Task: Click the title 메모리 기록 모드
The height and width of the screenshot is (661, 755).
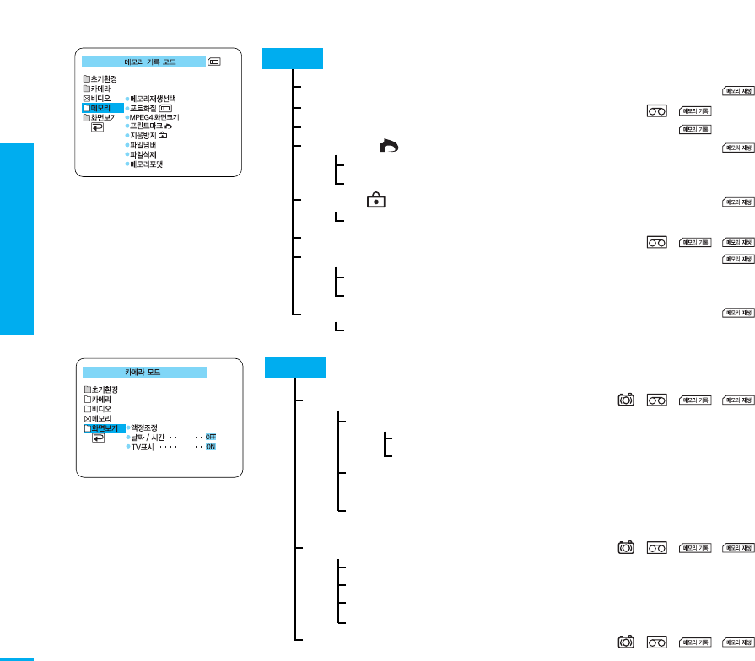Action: (x=143, y=62)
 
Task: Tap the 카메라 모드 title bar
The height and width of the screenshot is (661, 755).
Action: (x=143, y=371)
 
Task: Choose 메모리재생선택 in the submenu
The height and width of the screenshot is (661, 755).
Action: (x=153, y=99)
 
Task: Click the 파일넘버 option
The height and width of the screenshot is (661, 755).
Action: (x=144, y=145)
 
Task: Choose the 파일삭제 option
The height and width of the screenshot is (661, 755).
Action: (x=144, y=154)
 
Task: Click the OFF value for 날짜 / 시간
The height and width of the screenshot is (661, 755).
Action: (x=211, y=437)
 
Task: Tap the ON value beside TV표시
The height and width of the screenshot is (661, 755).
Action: (x=211, y=447)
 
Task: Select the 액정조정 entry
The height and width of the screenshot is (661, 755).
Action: (x=145, y=427)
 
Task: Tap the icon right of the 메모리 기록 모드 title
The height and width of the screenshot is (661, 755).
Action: (x=215, y=62)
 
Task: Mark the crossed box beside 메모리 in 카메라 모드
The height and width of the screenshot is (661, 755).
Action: (x=87, y=418)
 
